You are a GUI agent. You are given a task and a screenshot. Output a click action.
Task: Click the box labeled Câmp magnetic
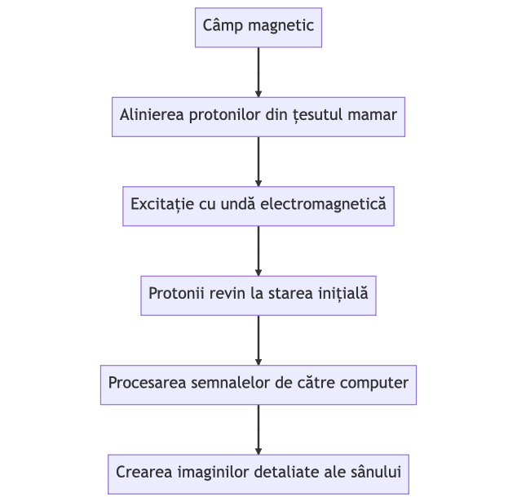[x=258, y=27]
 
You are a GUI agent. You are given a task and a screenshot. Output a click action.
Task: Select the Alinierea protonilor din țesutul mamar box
[x=258, y=116]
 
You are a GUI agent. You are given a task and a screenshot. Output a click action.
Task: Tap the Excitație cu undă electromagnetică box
[x=258, y=205]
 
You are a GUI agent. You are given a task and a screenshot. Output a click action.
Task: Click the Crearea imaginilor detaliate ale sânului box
[x=258, y=473]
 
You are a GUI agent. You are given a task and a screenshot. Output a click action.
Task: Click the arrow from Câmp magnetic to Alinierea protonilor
[x=258, y=72]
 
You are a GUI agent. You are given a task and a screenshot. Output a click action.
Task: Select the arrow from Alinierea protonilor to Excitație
[x=258, y=161]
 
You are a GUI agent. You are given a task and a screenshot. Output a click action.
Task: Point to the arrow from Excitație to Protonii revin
[x=258, y=250]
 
